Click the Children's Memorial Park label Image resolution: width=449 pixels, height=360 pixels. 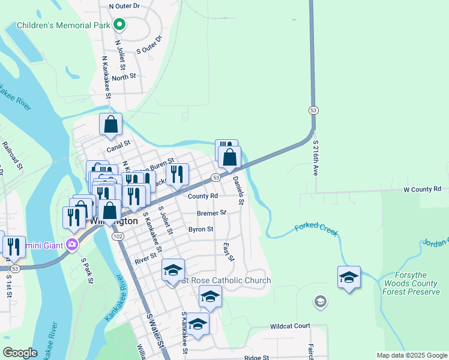click(64, 25)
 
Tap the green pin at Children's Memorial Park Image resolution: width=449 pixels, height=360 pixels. click(119, 25)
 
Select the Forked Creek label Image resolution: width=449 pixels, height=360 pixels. click(316, 229)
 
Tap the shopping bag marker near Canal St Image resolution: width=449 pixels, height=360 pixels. click(110, 125)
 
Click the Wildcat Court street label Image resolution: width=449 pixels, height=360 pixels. click(290, 326)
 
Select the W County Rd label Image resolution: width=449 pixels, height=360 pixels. click(422, 189)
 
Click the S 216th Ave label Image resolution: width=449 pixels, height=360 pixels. click(316, 158)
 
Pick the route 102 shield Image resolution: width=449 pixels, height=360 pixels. click(118, 236)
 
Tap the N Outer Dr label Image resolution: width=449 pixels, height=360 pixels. click(124, 5)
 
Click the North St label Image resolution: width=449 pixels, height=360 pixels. click(124, 77)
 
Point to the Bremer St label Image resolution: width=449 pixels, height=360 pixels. click(211, 212)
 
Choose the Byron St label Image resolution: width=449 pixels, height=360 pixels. click(201, 229)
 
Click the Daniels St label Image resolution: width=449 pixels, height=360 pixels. click(238, 190)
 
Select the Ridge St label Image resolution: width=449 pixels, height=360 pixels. click(257, 358)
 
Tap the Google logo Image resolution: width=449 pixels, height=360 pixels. click(20, 353)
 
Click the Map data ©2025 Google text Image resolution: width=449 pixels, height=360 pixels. click(411, 355)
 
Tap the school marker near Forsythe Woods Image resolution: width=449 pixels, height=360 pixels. click(349, 277)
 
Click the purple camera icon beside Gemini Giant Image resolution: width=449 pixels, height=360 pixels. click(73, 244)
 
